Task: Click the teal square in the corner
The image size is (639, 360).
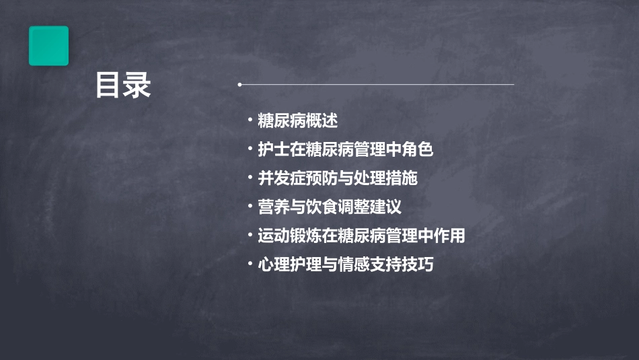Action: coord(48,46)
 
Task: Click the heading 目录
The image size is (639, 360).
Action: coord(123,85)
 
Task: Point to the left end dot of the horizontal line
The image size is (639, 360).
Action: coord(239,85)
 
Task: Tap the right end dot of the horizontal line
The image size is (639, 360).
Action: coord(513,85)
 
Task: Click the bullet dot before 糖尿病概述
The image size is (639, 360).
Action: coord(250,121)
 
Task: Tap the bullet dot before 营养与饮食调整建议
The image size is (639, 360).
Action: coord(250,207)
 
